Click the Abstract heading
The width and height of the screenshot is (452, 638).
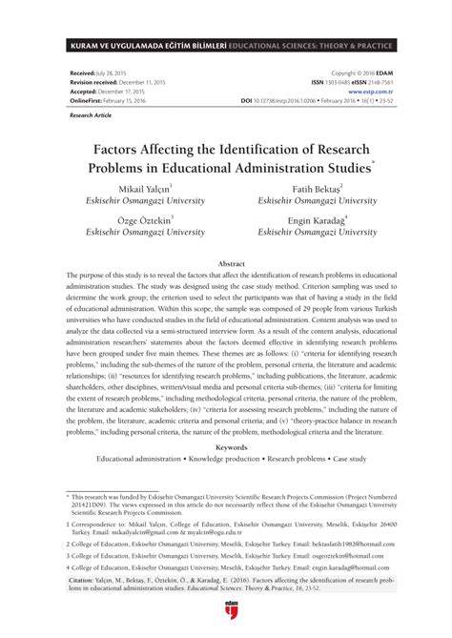(225, 262)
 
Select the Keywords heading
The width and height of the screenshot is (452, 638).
(226, 446)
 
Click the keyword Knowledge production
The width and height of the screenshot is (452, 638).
(227, 459)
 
